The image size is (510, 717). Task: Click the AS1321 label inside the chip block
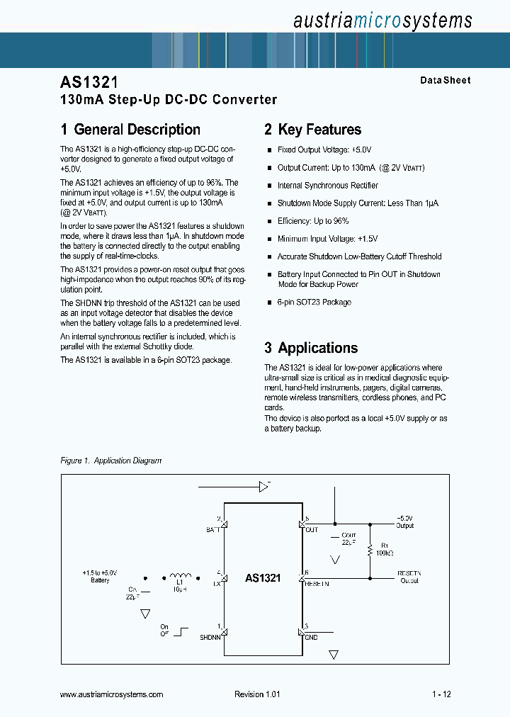coord(263,578)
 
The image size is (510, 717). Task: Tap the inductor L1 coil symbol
coord(181,576)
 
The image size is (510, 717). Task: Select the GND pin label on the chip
coord(312,637)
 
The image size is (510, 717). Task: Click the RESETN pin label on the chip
coord(317,584)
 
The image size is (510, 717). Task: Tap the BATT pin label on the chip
coord(212,530)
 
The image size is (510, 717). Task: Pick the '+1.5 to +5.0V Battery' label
coord(100,576)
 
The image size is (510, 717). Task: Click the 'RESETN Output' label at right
coord(409,576)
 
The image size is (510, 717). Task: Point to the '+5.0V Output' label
coord(404,522)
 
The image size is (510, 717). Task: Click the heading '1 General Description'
coord(130,130)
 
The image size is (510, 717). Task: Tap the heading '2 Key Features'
coord(312,130)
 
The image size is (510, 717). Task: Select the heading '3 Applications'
coord(311,348)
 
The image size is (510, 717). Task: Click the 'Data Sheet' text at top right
coord(445,81)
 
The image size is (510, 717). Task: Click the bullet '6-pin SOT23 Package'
coord(314,302)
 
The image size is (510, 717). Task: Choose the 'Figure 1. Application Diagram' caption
coord(111,461)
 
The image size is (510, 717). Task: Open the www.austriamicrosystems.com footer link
coord(112,694)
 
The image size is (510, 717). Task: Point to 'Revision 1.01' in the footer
coord(257,694)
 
